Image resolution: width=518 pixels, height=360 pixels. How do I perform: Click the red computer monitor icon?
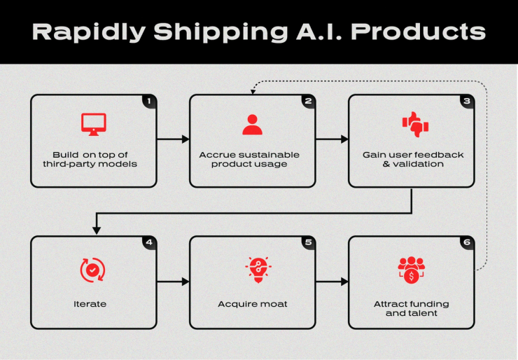tap(93, 124)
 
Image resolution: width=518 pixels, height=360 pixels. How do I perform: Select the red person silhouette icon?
tap(252, 124)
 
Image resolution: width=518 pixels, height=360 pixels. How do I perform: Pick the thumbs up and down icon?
tap(414, 125)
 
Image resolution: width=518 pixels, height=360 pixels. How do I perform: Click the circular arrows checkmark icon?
tap(93, 270)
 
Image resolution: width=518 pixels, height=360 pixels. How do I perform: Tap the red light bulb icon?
tap(252, 269)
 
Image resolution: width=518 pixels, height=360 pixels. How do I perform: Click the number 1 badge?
tap(148, 102)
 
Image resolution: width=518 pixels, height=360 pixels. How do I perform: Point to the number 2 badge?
tap(307, 102)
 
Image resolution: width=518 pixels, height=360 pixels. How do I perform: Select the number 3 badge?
tap(466, 102)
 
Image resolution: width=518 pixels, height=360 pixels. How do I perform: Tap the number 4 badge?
tap(148, 243)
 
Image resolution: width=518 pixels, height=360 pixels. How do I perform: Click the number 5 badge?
tap(307, 243)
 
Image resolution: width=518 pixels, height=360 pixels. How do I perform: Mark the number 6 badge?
tap(466, 243)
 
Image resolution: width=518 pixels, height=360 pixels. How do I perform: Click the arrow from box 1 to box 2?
tap(173, 139)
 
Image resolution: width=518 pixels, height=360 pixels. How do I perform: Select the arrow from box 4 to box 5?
tap(173, 282)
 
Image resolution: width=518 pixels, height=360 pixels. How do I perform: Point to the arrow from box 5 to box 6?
tap(332, 282)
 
